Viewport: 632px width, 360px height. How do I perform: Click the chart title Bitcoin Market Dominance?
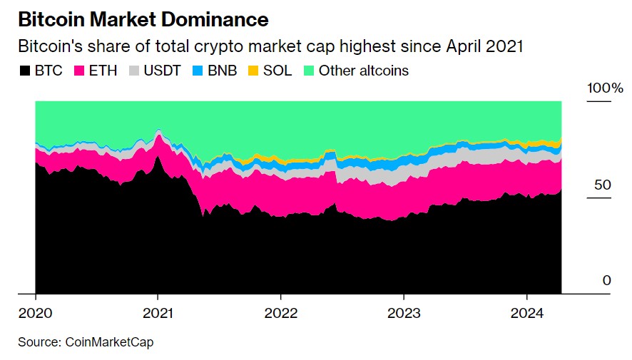143,19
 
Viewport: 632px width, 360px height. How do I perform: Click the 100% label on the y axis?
605,88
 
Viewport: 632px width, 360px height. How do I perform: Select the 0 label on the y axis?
607,280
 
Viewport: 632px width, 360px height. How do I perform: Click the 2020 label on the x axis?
35,314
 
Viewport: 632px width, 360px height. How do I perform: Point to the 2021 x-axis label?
158,314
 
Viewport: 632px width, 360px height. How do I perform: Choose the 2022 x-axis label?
280,314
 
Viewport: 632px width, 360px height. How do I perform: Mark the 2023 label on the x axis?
404,314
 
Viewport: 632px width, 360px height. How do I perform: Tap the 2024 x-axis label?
526,314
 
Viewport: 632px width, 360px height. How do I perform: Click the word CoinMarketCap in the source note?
110,342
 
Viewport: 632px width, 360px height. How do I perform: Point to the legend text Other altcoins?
364,71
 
